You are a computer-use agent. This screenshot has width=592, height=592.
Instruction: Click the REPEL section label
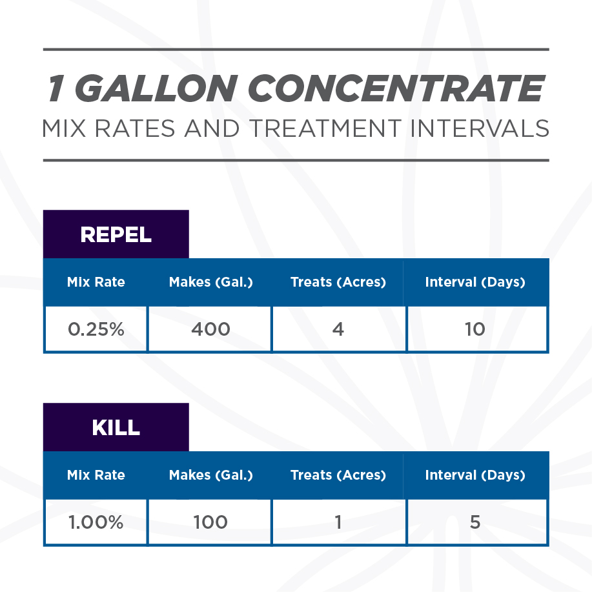tap(116, 234)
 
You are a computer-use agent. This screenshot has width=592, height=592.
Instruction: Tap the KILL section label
tap(116, 427)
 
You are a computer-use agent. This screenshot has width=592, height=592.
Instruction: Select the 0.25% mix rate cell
tap(96, 329)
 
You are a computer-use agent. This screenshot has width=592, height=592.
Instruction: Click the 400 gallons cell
tap(210, 329)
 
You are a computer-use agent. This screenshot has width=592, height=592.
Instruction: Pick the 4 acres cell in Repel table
tap(338, 329)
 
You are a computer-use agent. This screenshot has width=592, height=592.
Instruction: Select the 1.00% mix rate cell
tap(96, 522)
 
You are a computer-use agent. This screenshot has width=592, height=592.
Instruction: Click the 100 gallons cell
tap(210, 522)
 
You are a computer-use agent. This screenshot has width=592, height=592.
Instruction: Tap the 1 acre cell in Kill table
tap(338, 522)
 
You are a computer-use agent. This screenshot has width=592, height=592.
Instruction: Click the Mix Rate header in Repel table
tap(96, 282)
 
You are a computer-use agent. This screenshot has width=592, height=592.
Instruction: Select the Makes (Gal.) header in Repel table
tap(210, 282)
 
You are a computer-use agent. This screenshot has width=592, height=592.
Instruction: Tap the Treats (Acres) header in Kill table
tap(338, 475)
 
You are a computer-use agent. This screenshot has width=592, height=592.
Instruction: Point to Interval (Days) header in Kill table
tap(475, 475)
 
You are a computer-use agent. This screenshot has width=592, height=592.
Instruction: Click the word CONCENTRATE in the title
tap(396, 88)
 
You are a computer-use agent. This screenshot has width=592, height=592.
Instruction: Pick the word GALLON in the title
tap(156, 88)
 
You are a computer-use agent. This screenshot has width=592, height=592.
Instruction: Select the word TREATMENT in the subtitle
tap(325, 128)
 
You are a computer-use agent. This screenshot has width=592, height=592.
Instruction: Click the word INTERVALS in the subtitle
tap(480, 128)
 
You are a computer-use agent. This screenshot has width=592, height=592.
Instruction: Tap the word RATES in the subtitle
tap(135, 128)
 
